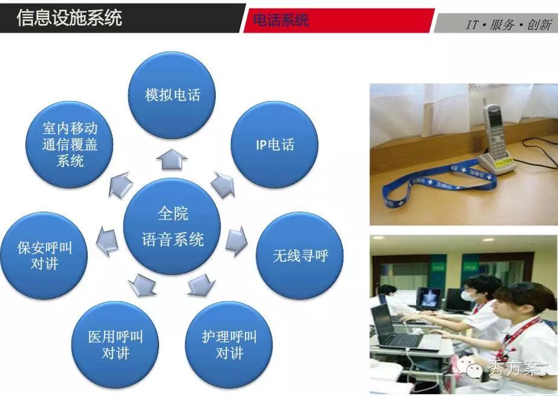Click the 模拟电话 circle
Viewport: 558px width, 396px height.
point(172,95)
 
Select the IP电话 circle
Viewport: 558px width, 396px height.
point(274,144)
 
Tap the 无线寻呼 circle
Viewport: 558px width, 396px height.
point(300,256)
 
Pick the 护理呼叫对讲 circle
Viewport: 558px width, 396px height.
point(229,345)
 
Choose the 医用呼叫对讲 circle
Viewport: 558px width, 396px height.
point(115,345)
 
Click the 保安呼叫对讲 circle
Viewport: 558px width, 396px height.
point(44,256)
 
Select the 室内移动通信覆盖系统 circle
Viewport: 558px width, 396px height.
point(70,144)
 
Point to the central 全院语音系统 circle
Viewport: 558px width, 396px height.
point(172,226)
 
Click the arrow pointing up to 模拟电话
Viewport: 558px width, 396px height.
point(172,159)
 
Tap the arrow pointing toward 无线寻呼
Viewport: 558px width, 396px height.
point(236,241)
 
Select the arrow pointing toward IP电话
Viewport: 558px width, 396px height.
point(223,184)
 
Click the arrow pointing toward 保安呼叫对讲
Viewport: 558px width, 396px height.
point(107,241)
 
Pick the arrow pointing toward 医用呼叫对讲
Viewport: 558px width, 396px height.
point(142,285)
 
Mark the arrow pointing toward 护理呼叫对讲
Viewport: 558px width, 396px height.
point(201,285)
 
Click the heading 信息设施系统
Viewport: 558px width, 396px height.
point(70,18)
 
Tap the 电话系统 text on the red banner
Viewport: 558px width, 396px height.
point(281,20)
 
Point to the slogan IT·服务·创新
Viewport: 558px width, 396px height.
point(509,25)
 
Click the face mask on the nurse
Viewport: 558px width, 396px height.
point(469,295)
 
